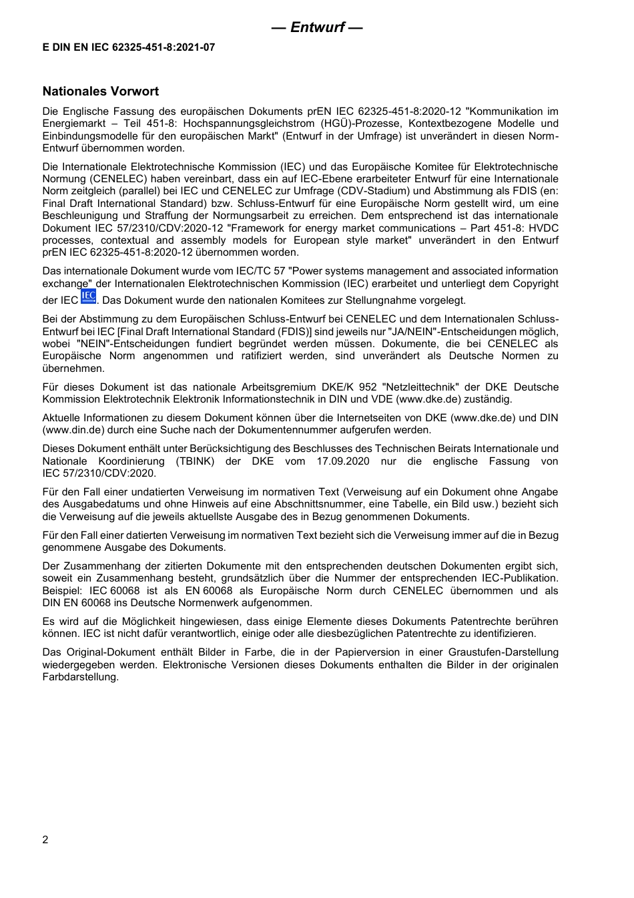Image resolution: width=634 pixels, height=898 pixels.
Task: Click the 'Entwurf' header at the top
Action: pos(317,27)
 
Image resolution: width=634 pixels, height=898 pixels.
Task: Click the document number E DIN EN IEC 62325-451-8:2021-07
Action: pos(129,47)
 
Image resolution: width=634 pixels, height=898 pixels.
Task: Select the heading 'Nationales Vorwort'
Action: pos(101,91)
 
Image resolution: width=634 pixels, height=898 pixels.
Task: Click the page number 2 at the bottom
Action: pos(45,840)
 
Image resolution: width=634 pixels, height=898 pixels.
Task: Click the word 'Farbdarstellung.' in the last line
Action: pos(81,677)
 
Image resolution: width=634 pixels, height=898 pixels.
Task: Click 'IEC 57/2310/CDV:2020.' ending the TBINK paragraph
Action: pos(99,473)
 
